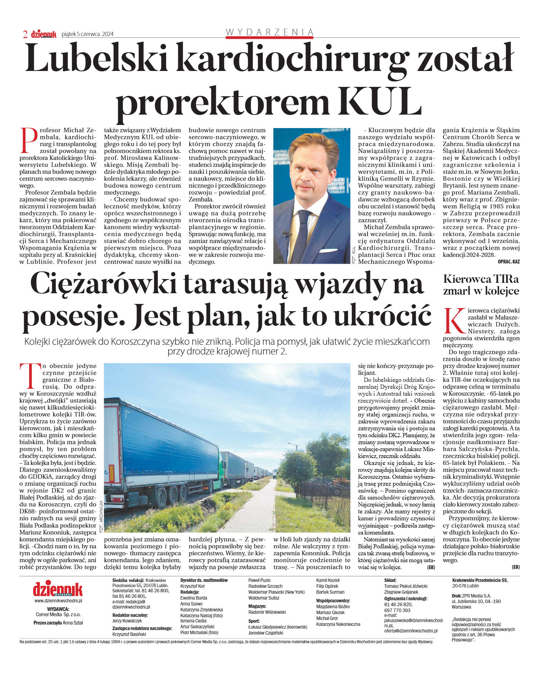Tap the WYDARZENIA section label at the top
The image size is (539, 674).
(x=269, y=32)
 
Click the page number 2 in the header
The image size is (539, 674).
(x=25, y=34)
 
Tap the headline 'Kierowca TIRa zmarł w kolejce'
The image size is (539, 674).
(x=481, y=285)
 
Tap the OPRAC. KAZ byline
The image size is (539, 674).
(x=509, y=262)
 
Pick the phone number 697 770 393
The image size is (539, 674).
(x=397, y=610)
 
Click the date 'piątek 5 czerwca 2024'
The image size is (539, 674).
(x=87, y=34)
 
